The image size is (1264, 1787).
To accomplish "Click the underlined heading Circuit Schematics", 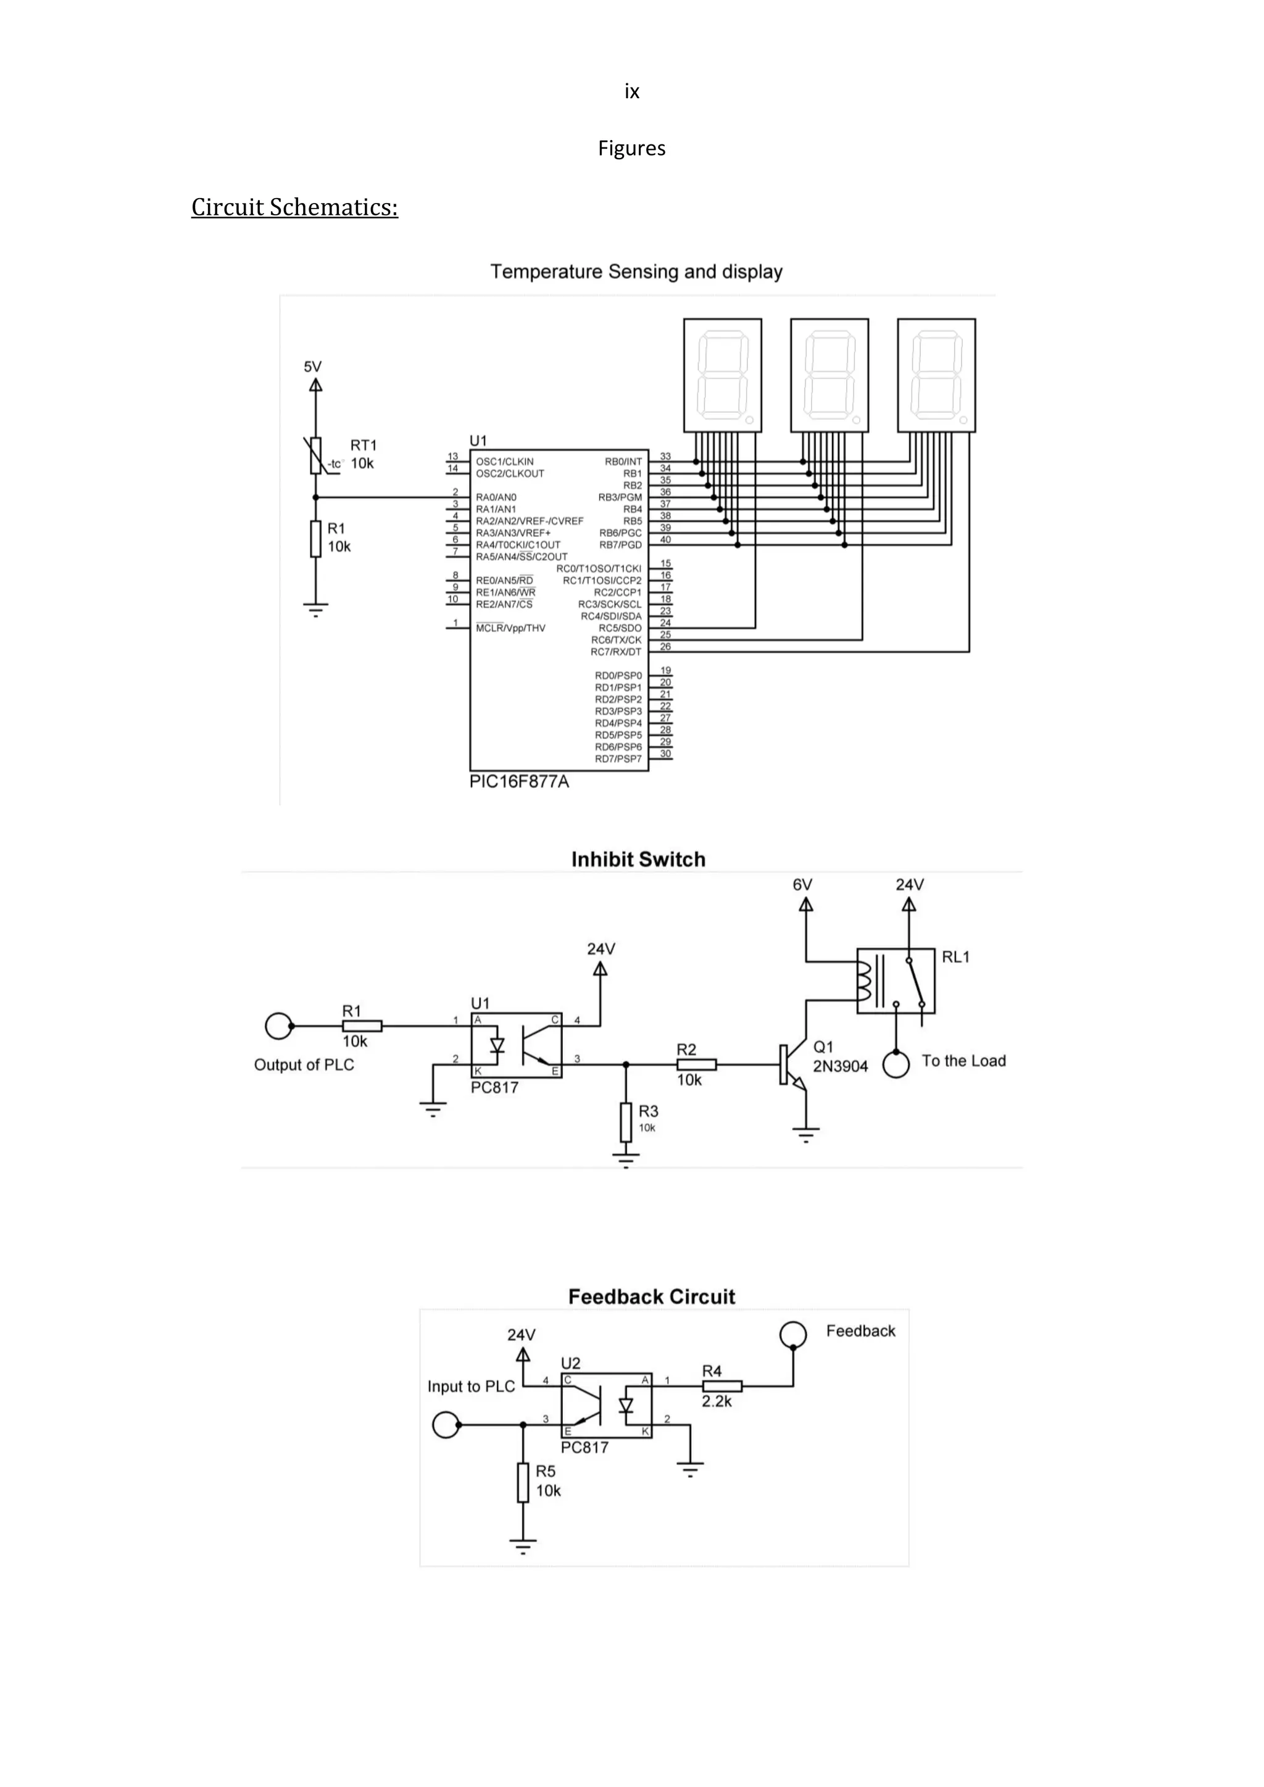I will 294,208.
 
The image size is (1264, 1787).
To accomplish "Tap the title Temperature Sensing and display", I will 636,272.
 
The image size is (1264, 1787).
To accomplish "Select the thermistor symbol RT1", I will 315,455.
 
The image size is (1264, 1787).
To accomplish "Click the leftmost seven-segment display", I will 722,375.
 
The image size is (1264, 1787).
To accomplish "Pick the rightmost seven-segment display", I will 936,375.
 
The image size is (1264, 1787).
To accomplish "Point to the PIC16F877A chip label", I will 519,781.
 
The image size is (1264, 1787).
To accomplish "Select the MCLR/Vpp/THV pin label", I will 510,628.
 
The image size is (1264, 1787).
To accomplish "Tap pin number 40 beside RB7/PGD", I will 665,539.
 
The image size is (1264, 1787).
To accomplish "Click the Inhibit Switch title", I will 638,860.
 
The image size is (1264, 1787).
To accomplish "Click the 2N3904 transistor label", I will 841,1066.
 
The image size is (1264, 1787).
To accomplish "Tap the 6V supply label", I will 802,885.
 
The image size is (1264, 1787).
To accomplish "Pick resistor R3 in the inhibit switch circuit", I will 626,1122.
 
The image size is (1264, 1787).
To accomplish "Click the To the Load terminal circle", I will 896,1064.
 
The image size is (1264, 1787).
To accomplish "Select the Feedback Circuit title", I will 652,1296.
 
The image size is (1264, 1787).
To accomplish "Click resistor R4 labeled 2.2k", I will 721,1385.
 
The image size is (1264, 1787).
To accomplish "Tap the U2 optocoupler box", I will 606,1405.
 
